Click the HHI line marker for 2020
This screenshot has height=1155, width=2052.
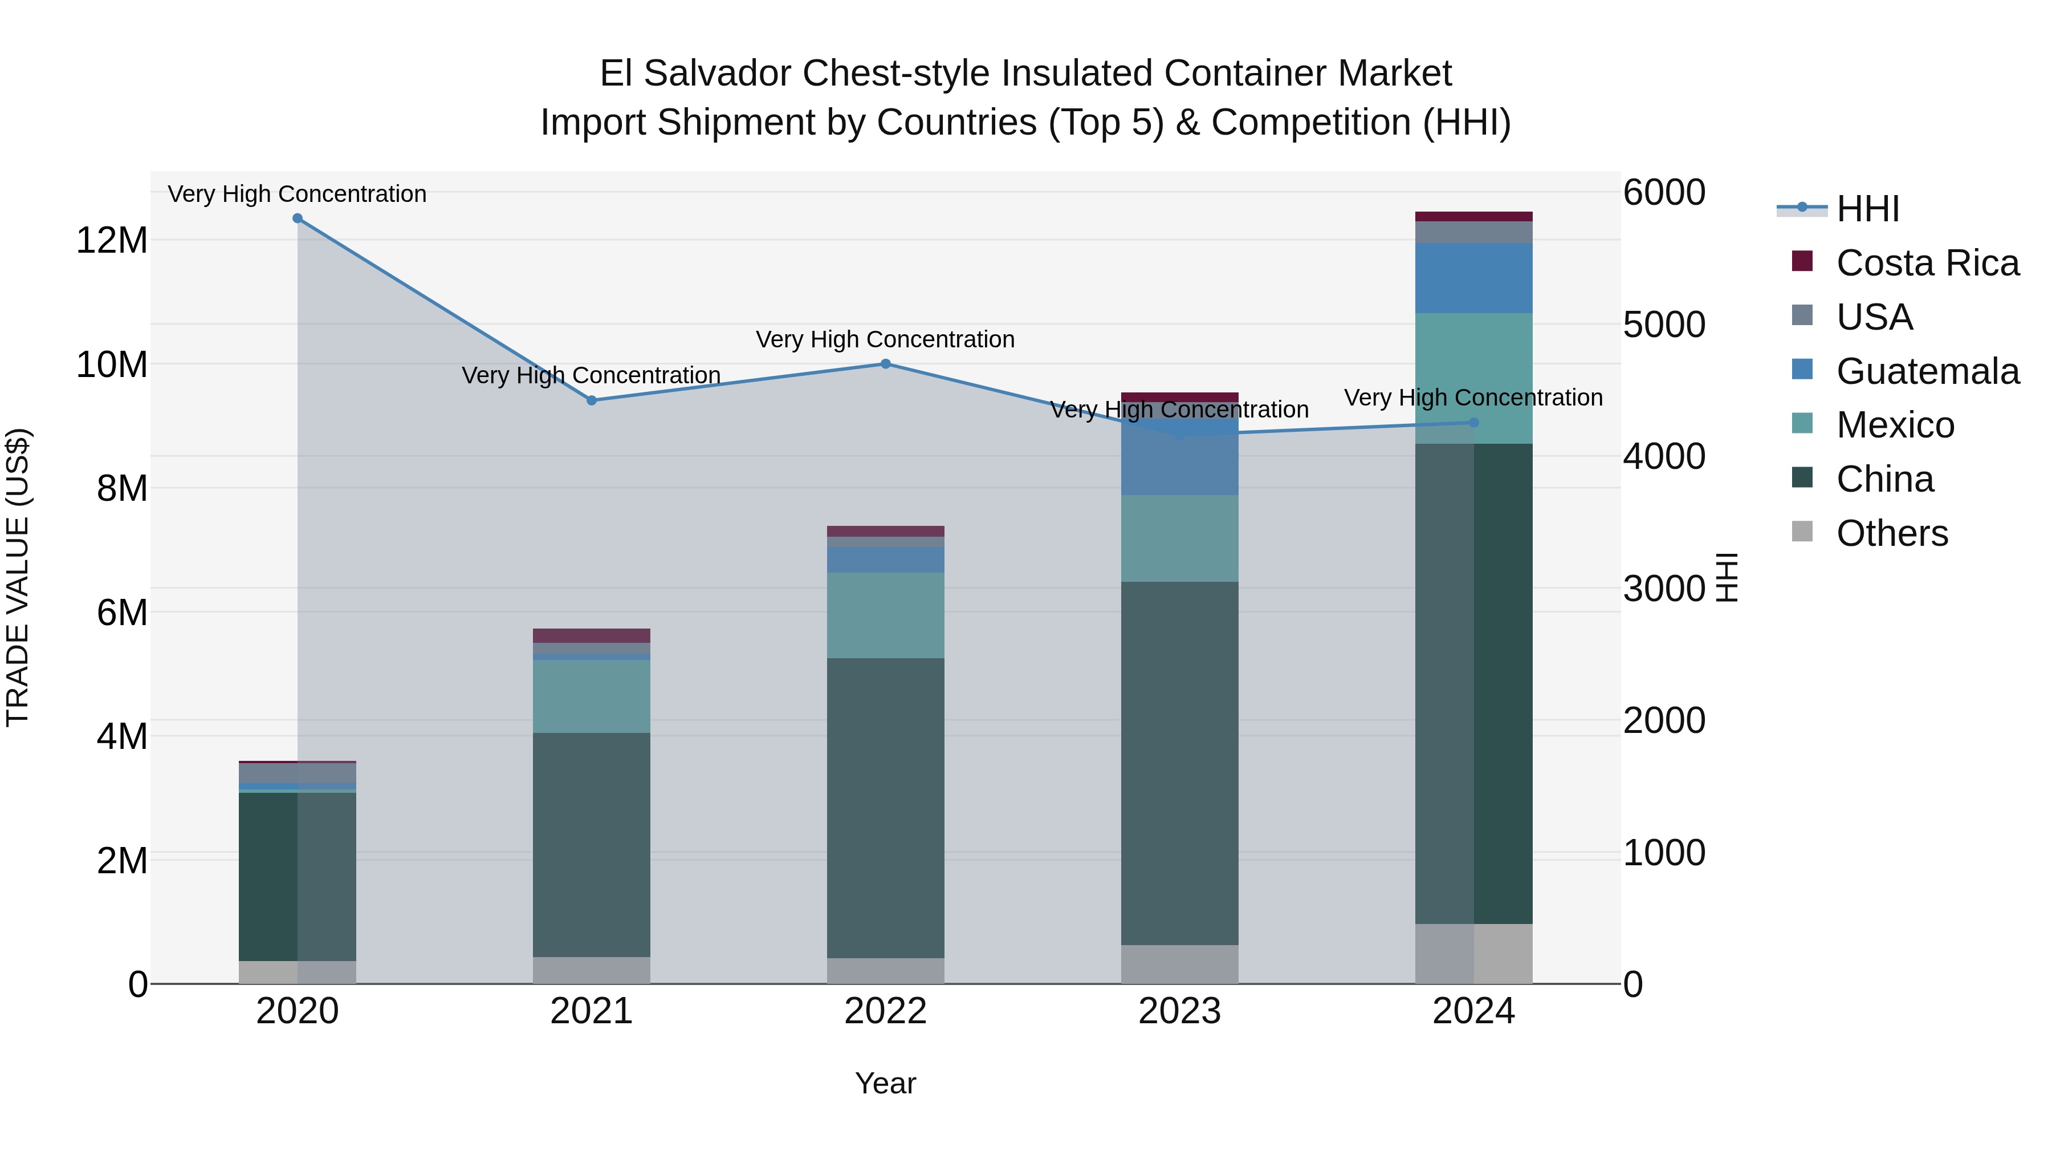(x=297, y=218)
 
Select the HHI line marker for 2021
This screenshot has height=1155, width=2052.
(x=591, y=401)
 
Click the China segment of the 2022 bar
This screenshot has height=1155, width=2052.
(x=885, y=808)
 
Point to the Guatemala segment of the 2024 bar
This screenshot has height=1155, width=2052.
(x=1473, y=278)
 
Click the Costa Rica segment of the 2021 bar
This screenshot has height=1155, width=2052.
(x=591, y=635)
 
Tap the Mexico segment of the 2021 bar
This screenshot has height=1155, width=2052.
(x=591, y=696)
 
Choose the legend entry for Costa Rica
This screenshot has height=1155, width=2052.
(x=1927, y=263)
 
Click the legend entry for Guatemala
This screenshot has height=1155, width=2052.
(x=1927, y=371)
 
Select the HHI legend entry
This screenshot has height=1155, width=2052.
(x=1867, y=209)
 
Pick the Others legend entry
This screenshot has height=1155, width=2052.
(x=1891, y=533)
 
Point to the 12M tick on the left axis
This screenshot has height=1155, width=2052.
(x=112, y=241)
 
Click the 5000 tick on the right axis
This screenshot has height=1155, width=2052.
(x=1664, y=325)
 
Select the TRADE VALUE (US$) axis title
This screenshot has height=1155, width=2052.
(x=18, y=577)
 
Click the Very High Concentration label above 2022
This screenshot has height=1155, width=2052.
(x=885, y=339)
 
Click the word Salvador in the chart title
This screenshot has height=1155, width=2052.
(x=717, y=74)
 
